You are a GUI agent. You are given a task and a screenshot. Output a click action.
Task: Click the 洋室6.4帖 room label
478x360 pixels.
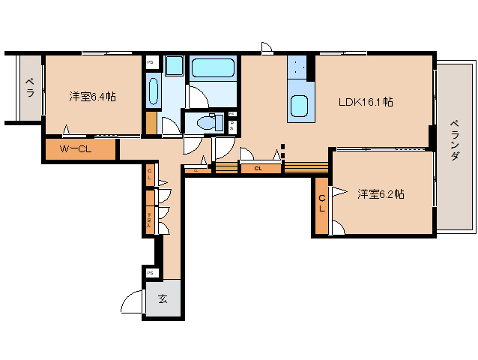pyautogui.click(x=93, y=97)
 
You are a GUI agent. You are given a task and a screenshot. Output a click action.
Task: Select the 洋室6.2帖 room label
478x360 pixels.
pyautogui.click(x=381, y=193)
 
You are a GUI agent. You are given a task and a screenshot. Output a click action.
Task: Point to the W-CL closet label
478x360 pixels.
pyautogui.click(x=76, y=149)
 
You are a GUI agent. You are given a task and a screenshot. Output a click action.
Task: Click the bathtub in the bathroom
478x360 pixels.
pyautogui.click(x=214, y=70)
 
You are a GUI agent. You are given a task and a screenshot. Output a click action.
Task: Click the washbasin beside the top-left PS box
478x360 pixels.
pyautogui.click(x=152, y=92)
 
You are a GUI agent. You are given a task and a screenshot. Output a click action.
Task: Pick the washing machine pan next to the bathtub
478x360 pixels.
pyautogui.click(x=175, y=65)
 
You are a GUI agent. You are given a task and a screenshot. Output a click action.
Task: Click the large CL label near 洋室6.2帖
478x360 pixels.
pyautogui.click(x=321, y=203)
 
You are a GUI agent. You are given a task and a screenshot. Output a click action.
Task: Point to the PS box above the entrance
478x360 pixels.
pyautogui.click(x=151, y=272)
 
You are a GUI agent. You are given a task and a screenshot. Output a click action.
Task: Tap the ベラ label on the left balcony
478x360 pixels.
pyautogui.click(x=30, y=88)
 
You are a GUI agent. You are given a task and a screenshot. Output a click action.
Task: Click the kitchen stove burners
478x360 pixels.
pyautogui.click(x=299, y=67)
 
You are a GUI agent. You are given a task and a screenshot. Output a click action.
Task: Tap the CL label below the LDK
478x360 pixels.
pyautogui.click(x=258, y=168)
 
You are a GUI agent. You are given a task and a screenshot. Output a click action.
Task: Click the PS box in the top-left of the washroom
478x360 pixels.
pyautogui.click(x=151, y=64)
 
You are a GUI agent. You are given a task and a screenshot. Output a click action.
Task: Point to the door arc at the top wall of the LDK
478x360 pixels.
pyautogui.click(x=265, y=49)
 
